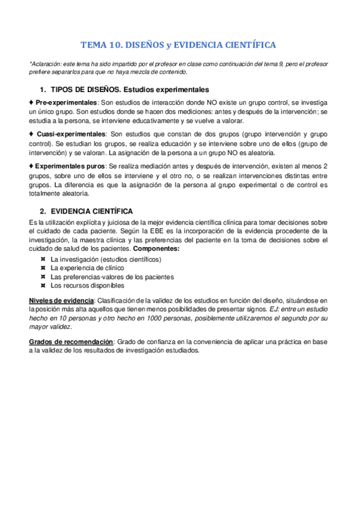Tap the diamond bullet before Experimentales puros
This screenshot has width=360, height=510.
pos(31,165)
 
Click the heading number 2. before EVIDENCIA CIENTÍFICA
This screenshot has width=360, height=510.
pos(43,211)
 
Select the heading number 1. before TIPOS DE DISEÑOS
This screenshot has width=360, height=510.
pos(43,88)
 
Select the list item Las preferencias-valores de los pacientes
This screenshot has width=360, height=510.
pos(112,277)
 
